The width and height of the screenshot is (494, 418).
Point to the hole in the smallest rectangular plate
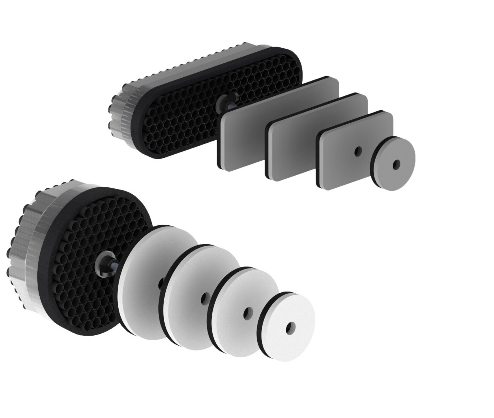[358, 151]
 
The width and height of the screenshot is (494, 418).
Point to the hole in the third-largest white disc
[247, 312]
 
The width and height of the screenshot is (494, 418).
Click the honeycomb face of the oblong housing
[181, 104]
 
